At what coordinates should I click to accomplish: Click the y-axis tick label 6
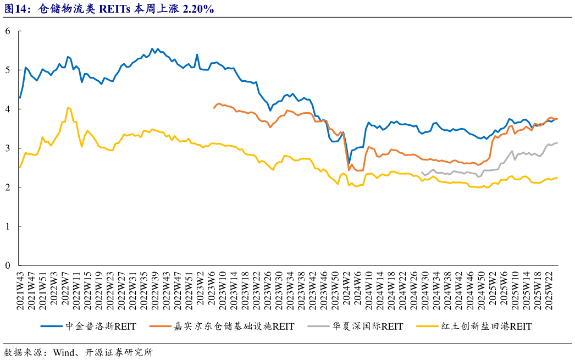[8, 31]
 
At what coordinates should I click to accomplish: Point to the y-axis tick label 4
[8, 109]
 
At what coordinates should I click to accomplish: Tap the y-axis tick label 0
[8, 265]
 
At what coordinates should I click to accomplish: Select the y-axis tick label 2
[8, 187]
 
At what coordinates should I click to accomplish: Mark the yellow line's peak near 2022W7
[67, 108]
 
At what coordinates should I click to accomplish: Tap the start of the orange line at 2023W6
[214, 108]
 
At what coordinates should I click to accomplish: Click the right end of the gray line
[557, 143]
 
